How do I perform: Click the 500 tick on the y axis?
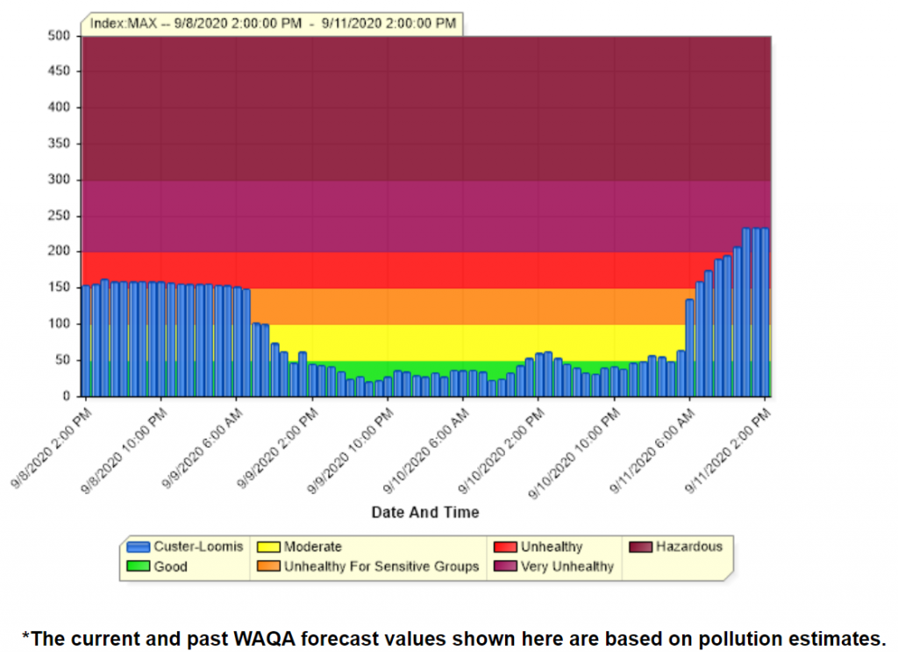59,36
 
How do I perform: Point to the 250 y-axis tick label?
59,216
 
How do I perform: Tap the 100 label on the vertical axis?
59,323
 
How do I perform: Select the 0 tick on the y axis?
66,396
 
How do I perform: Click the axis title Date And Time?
425,512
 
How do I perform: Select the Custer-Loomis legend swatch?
139,547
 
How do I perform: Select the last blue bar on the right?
765,312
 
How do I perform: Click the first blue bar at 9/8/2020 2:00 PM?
86,341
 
